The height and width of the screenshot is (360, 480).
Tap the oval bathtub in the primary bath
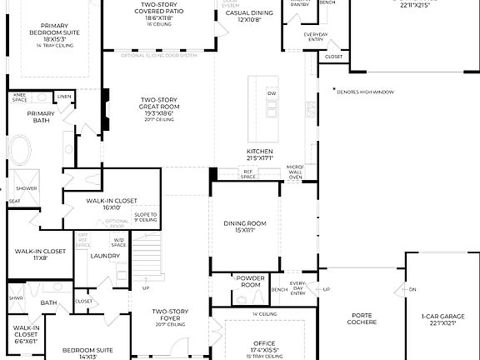click(x=22, y=153)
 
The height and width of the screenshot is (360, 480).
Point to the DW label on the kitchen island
click(x=271, y=93)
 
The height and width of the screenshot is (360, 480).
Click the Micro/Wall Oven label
click(x=296, y=172)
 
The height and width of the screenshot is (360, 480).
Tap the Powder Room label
click(x=251, y=282)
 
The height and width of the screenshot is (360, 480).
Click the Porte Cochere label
click(x=362, y=319)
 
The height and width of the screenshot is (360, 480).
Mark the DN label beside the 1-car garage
click(x=412, y=289)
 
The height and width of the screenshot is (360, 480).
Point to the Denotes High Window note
click(x=366, y=92)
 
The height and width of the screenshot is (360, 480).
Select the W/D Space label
click(x=119, y=242)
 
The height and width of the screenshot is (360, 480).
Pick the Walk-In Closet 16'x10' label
click(x=111, y=203)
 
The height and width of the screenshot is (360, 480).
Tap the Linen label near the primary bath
click(x=64, y=97)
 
